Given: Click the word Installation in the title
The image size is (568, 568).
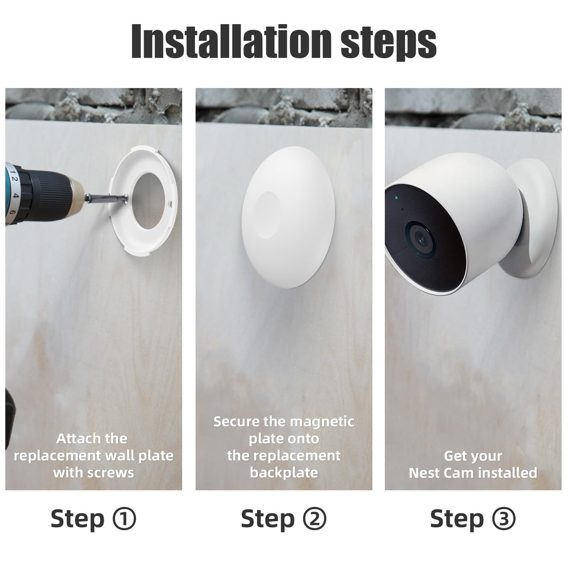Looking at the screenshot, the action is click(231, 41).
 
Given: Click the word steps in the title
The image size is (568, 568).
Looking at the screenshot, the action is click(389, 44).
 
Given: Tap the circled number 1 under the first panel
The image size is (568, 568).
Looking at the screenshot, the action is click(124, 526).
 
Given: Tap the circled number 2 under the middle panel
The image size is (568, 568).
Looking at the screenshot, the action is click(314, 526).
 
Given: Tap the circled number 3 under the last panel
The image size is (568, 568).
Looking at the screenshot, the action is click(504, 526).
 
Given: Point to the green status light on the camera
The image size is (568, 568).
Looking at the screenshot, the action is click(397, 197).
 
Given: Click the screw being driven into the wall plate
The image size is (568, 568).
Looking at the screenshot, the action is click(106, 198).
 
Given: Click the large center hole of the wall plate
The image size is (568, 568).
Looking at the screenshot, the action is click(150, 201).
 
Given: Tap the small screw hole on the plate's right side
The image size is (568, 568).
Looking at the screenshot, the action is click(170, 203).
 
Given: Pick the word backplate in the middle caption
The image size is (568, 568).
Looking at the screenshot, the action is click(284, 473).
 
